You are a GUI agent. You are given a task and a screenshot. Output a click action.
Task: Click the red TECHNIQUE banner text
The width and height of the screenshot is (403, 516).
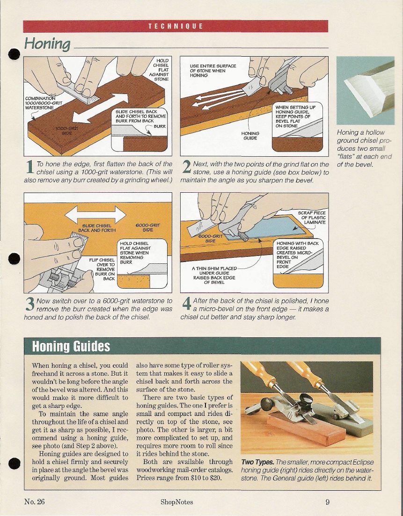coord(176,26)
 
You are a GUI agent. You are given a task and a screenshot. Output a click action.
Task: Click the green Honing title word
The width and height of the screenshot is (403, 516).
coord(47,44)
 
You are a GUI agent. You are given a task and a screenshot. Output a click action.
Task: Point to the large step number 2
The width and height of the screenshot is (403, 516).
coord(186,167)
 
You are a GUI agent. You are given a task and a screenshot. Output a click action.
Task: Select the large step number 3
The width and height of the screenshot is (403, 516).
coord(29,304)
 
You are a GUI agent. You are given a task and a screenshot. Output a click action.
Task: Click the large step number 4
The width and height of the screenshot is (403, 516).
coord(186,304)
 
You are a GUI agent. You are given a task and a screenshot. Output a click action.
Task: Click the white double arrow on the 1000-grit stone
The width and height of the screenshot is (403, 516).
coord(100,108)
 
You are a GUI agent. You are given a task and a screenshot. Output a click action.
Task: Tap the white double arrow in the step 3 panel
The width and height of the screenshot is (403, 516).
coord(95,215)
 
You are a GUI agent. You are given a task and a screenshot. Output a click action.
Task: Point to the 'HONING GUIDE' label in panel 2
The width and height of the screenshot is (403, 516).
coord(250,136)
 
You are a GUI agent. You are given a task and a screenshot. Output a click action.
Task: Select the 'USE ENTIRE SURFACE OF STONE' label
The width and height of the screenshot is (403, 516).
coord(212,71)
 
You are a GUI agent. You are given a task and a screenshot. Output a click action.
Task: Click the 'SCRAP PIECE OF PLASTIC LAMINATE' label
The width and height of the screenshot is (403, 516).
coord(311,218)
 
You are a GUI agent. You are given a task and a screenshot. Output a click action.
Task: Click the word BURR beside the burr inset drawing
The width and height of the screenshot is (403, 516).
coord(160,126)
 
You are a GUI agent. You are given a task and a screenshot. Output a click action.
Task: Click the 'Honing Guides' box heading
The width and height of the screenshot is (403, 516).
coord(71,346)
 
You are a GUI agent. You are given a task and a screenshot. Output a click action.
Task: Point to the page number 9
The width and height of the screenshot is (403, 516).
coord(327,502)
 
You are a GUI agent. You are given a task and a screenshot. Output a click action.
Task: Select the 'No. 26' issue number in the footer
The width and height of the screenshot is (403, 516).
coord(34,501)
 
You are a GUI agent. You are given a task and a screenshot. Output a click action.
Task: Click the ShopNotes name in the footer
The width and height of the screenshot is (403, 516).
coord(177,502)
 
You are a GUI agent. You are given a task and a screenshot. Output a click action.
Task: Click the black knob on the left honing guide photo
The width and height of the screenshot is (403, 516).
coord(267,404)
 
